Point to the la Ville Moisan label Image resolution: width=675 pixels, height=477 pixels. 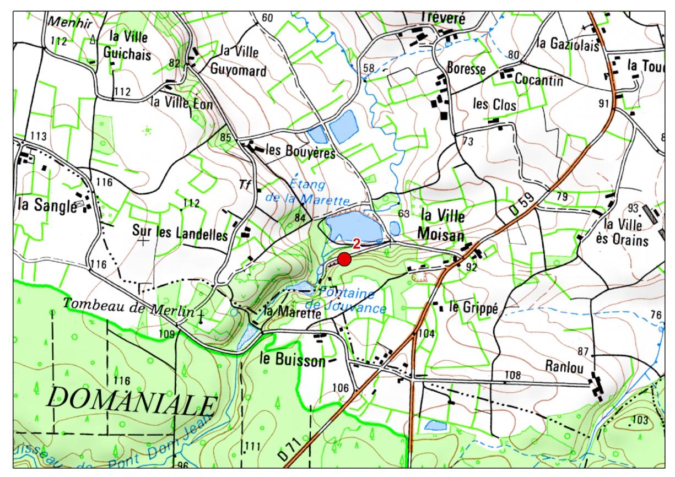pos(443,224)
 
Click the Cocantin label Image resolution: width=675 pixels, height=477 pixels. pos(538,80)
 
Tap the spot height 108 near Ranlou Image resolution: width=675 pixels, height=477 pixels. pos(512,375)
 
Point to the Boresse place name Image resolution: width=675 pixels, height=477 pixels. pos(466,69)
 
